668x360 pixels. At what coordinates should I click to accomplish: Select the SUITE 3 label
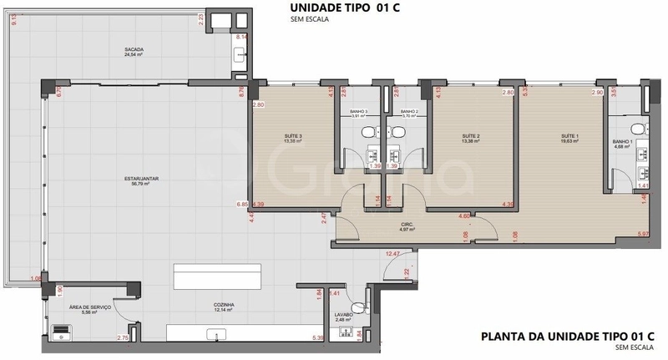tap(292, 136)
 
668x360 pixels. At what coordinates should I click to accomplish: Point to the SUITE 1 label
tap(569, 136)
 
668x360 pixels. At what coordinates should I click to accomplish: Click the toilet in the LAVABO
tap(362, 307)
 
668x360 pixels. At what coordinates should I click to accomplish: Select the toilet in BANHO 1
tap(638, 128)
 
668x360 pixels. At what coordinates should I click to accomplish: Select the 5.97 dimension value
tap(643, 233)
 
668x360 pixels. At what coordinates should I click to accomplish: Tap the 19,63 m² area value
tap(569, 142)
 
